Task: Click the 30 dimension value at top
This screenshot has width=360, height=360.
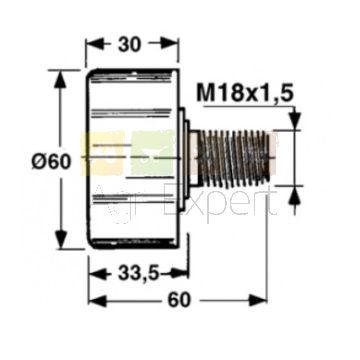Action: click(129, 44)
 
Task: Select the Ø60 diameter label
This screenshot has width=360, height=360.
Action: click(51, 162)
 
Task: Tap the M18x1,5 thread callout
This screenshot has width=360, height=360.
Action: click(245, 93)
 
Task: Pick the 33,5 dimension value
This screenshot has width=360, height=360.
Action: click(138, 274)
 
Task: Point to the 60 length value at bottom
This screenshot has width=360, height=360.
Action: click(179, 301)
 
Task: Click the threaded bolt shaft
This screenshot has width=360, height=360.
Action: click(234, 158)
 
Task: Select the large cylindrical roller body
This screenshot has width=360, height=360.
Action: click(133, 159)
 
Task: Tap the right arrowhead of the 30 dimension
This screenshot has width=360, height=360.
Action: click(170, 44)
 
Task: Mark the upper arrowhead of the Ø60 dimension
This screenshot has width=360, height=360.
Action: click(60, 79)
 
